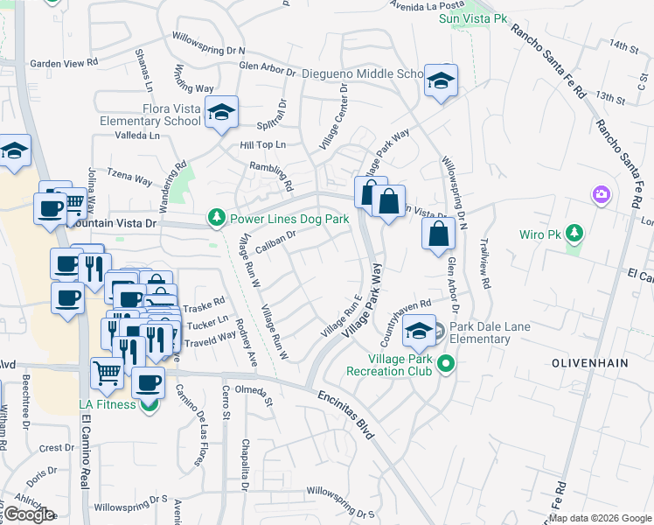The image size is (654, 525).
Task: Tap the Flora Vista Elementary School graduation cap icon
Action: [x=222, y=112]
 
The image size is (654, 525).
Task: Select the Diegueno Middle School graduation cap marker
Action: [x=441, y=81]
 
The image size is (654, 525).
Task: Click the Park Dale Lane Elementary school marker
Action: [x=419, y=332]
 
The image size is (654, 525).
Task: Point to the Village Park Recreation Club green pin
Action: [x=446, y=362]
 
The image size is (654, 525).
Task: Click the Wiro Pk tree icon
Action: [x=574, y=234]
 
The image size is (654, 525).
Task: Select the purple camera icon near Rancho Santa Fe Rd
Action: [x=600, y=194]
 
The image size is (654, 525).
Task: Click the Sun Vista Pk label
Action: [x=473, y=17]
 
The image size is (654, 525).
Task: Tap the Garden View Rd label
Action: [x=62, y=63]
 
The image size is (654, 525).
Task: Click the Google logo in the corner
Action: [x=28, y=514]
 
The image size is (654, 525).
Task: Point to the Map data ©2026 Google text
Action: [x=600, y=518]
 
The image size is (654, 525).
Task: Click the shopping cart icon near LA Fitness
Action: [x=107, y=373]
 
